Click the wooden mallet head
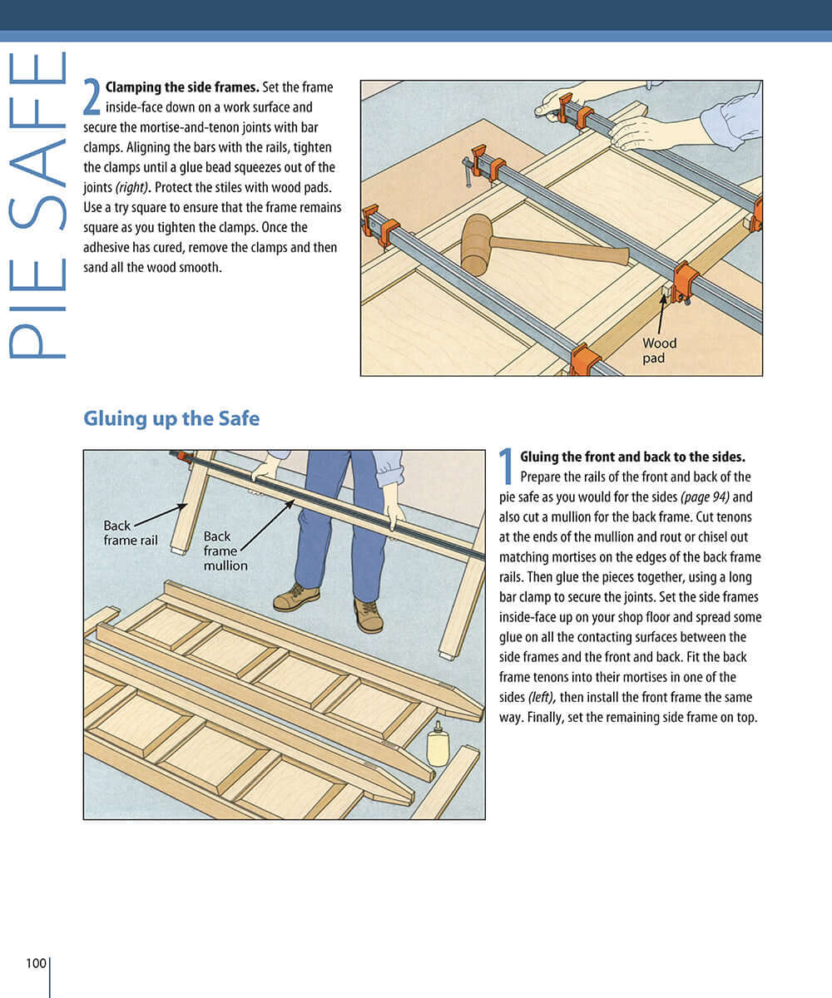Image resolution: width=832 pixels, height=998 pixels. point(476,245)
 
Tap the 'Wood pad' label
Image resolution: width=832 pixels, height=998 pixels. point(659,350)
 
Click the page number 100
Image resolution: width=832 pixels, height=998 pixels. point(36,963)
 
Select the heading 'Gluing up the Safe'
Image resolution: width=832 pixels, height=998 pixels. point(171,418)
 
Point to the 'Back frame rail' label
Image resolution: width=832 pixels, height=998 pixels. point(130,532)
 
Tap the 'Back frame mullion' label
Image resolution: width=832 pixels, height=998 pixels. point(225,551)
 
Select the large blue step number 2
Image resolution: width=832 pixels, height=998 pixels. point(92,96)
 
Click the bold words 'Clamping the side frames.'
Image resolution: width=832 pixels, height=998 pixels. point(182,87)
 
